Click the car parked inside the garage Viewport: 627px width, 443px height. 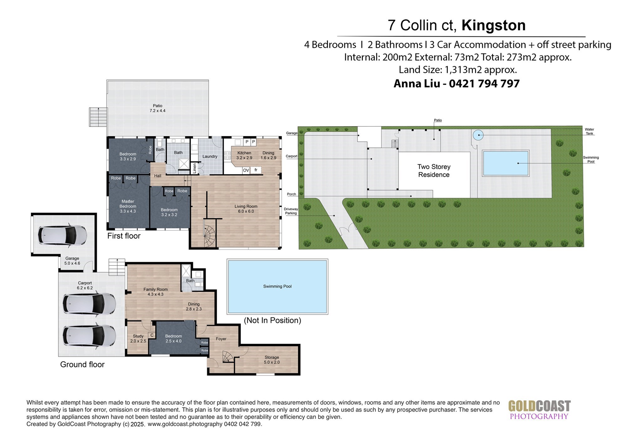[x=62, y=235]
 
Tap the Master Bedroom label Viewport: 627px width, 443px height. [x=128, y=206]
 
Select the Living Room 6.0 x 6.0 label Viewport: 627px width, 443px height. [x=246, y=209]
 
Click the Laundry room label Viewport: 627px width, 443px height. [x=210, y=156]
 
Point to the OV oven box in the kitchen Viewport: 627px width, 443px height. [x=246, y=170]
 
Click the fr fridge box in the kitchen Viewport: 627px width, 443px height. [x=256, y=170]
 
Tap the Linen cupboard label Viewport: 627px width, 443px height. [x=194, y=168]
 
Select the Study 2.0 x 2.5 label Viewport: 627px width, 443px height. [x=138, y=338]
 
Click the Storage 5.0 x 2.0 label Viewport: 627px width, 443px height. [x=272, y=360]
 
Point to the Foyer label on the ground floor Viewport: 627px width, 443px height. [x=221, y=339]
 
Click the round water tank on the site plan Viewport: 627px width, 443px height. [x=478, y=135]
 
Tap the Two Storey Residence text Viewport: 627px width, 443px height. [x=434, y=171]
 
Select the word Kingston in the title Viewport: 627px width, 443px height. [x=493, y=25]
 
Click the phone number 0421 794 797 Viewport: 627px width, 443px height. [x=484, y=84]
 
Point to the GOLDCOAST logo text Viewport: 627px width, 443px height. [x=539, y=406]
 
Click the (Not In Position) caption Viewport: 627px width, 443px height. [x=272, y=320]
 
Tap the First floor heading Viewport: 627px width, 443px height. [x=124, y=236]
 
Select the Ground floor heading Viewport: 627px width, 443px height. [x=82, y=364]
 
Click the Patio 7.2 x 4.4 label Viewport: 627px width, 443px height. [x=158, y=108]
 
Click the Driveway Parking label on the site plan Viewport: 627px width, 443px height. [x=291, y=211]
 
